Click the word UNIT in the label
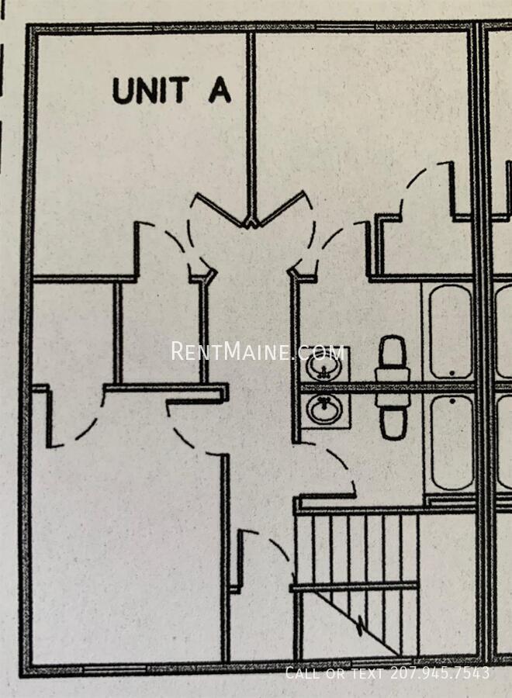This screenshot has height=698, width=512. click(x=150, y=91)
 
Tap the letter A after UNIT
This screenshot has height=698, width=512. click(x=220, y=91)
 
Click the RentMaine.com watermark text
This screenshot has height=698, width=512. click(x=258, y=351)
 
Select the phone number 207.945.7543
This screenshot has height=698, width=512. click(x=440, y=672)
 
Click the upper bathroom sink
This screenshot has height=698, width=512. click(x=323, y=367)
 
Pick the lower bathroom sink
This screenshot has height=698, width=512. click(x=324, y=409)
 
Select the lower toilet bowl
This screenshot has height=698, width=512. click(x=393, y=423)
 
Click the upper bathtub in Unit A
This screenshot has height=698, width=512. click(x=450, y=332)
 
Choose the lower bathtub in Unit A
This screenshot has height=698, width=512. click(x=451, y=443)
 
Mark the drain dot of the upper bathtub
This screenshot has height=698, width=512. click(x=452, y=373)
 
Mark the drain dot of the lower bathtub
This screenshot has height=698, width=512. click(x=452, y=401)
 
